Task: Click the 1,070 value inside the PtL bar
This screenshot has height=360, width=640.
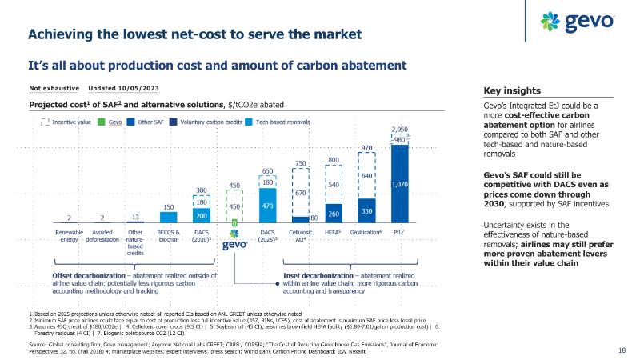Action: click(x=400, y=185)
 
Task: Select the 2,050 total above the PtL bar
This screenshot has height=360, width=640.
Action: click(x=400, y=130)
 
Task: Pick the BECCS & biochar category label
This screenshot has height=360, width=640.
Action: click(x=167, y=235)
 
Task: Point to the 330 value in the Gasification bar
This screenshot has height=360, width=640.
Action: click(x=366, y=210)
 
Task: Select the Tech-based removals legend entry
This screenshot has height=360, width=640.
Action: click(x=279, y=122)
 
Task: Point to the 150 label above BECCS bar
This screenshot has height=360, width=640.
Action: click(x=167, y=206)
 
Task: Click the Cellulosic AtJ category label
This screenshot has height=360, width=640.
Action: click(x=300, y=235)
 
